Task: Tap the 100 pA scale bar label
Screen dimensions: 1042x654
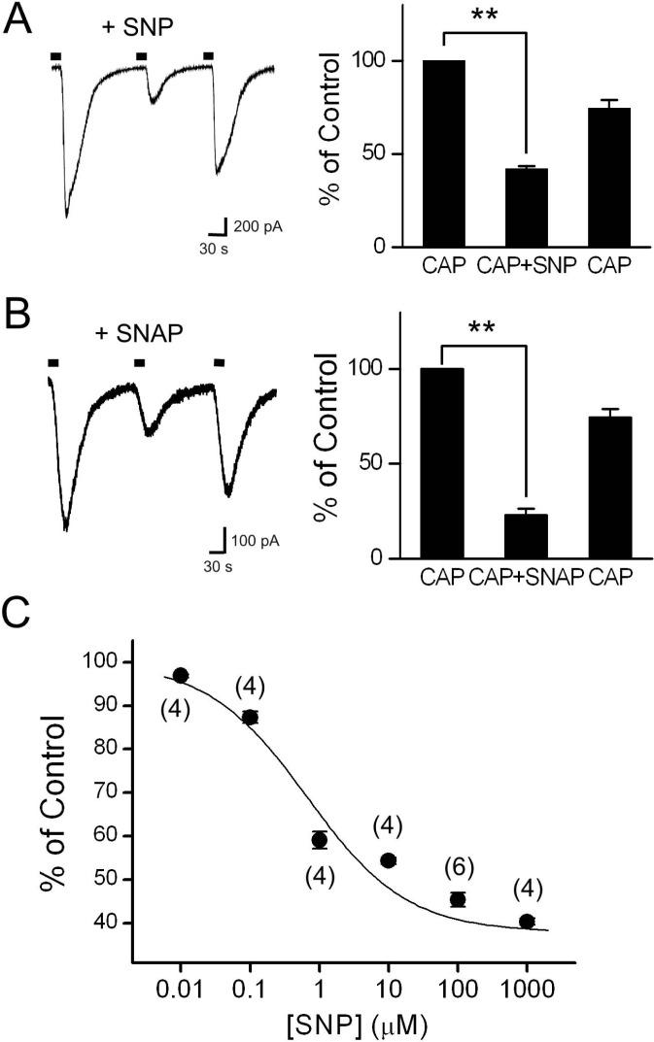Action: pyautogui.click(x=258, y=538)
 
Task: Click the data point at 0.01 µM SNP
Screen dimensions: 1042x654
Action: pyautogui.click(x=180, y=675)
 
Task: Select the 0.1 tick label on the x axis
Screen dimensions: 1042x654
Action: pyautogui.click(x=249, y=982)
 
